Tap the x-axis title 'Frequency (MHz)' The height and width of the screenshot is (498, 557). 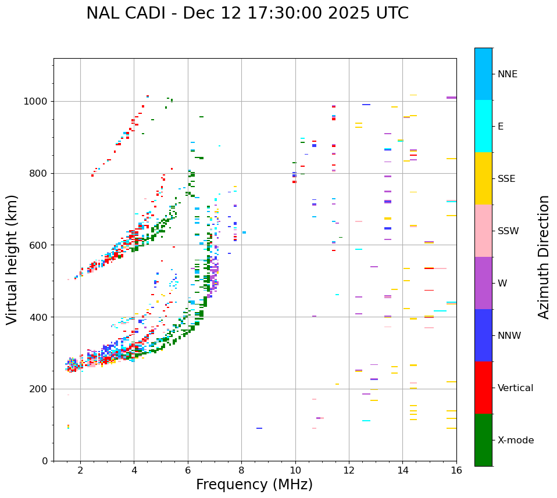tap(254, 485)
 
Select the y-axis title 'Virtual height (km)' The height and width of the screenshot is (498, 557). tap(12, 259)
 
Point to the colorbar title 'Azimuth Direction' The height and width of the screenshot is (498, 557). tap(544, 257)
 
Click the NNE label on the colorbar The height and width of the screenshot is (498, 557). tap(507, 74)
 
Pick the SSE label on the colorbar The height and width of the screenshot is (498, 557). tap(506, 179)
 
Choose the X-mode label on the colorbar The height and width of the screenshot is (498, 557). tap(515, 440)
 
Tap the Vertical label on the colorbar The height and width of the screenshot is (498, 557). tap(515, 388)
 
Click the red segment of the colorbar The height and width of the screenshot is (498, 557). tap(483, 388)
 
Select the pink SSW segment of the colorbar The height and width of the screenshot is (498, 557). tap(483, 231)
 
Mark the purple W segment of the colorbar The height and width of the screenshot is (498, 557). tap(483, 283)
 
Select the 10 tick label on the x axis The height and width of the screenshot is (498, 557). tap(295, 470)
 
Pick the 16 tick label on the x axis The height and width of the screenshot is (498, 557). tap(456, 470)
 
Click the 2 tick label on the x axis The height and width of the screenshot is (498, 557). tap(80, 470)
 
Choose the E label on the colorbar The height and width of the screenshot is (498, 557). tap(501, 127)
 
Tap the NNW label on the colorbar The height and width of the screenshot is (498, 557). tap(509, 336)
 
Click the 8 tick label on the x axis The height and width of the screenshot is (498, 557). tap(241, 470)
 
